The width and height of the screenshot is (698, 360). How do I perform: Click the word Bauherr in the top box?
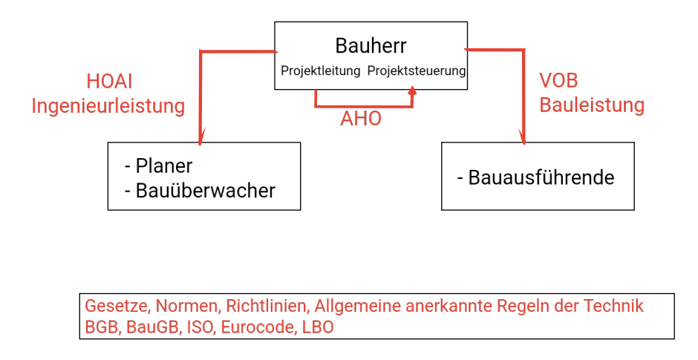(x=371, y=47)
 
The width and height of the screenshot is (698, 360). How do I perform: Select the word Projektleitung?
(x=320, y=72)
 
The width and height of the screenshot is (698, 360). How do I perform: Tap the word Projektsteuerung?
(x=417, y=72)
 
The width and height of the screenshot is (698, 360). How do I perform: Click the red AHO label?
(x=361, y=119)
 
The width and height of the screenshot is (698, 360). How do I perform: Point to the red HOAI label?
(x=109, y=82)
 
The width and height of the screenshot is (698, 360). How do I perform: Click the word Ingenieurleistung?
(x=108, y=106)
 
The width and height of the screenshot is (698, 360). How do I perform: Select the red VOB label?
(x=558, y=81)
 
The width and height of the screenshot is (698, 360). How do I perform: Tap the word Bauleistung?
(x=592, y=105)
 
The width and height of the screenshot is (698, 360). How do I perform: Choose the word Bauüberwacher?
(x=205, y=191)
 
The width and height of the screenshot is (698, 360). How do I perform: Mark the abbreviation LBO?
(x=318, y=327)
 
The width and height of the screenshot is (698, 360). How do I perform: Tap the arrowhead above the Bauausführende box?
(x=524, y=139)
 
